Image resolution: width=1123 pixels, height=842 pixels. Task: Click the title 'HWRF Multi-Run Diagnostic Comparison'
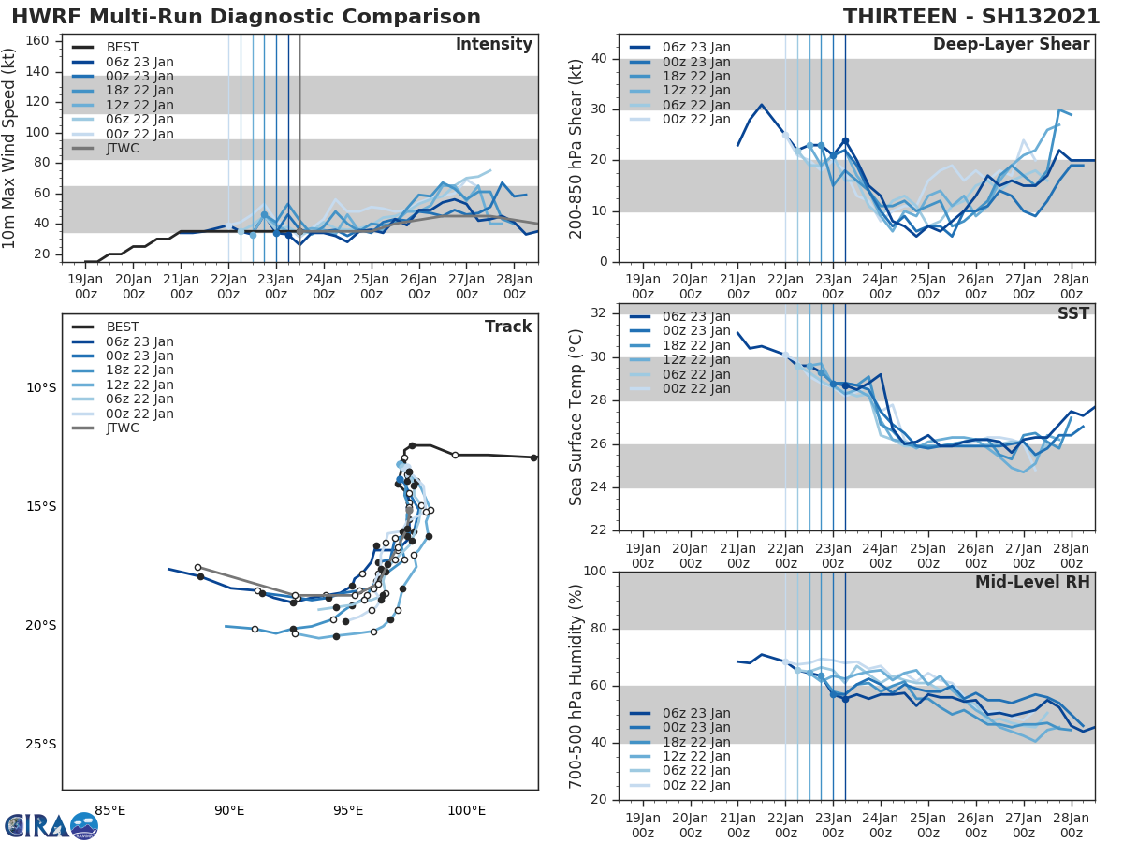(x=246, y=17)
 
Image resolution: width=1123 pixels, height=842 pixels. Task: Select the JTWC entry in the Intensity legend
(x=123, y=149)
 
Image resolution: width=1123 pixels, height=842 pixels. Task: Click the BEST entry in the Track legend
(x=123, y=327)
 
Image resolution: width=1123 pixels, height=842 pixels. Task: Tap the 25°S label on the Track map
(x=40, y=745)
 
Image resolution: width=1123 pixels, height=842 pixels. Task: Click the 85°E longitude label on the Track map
(x=110, y=810)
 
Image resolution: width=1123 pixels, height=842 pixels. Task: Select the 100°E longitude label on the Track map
(x=466, y=810)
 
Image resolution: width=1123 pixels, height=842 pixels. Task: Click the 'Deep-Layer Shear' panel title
(x=1011, y=45)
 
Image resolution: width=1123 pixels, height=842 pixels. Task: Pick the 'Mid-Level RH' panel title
(x=1031, y=582)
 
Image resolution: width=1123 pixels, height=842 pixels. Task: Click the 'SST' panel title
(x=1073, y=313)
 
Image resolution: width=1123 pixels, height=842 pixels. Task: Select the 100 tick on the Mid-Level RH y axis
(x=596, y=572)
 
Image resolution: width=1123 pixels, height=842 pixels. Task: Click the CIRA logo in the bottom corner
(x=51, y=825)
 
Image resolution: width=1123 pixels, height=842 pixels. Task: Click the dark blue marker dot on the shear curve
(x=845, y=141)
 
